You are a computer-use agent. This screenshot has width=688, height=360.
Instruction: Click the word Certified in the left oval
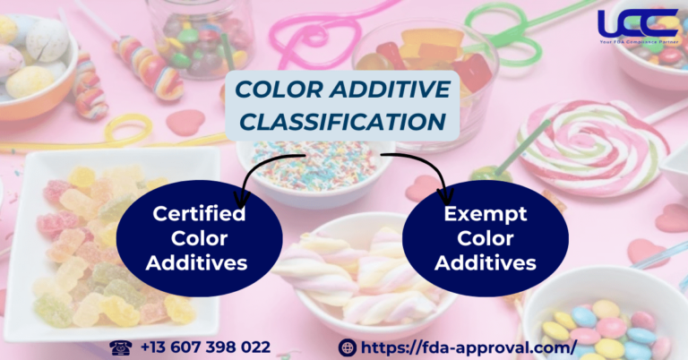(x=199, y=215)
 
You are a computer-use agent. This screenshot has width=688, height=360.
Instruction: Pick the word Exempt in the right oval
(x=486, y=215)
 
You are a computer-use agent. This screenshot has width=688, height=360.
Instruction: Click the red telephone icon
(x=117, y=346)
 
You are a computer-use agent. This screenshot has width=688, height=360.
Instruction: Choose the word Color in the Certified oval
(x=199, y=239)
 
